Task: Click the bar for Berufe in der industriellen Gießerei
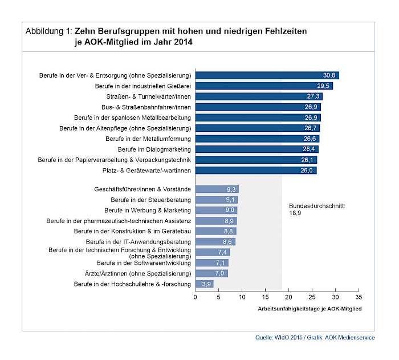tap(264, 86)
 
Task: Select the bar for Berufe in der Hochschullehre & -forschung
tap(204, 284)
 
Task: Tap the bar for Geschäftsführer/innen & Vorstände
tap(217, 189)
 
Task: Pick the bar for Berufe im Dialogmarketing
tap(257, 149)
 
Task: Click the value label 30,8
tap(329, 75)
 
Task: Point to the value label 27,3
tap(313, 96)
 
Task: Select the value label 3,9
tap(206, 284)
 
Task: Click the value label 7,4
tap(222, 252)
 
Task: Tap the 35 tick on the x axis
tap(359, 297)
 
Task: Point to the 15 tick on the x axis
tap(265, 297)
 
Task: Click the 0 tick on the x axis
tap(195, 297)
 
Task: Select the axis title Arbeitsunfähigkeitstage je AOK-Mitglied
tap(310, 309)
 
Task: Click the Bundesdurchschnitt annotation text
tap(317, 209)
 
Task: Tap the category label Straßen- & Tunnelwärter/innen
tap(149, 96)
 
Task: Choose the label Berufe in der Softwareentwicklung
tap(144, 263)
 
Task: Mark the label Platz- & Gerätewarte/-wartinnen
tap(146, 171)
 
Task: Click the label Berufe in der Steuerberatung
tap(150, 200)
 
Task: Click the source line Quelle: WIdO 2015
tap(279, 338)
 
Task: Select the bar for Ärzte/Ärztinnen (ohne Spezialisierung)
tap(211, 273)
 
